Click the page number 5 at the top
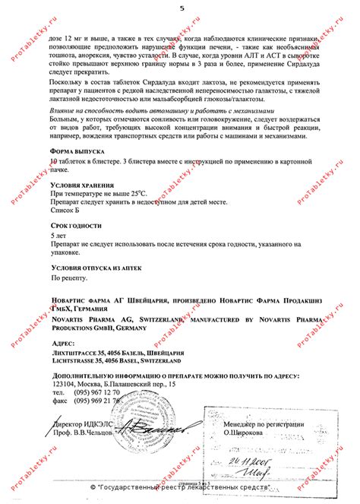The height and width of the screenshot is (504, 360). tap(181, 8)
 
